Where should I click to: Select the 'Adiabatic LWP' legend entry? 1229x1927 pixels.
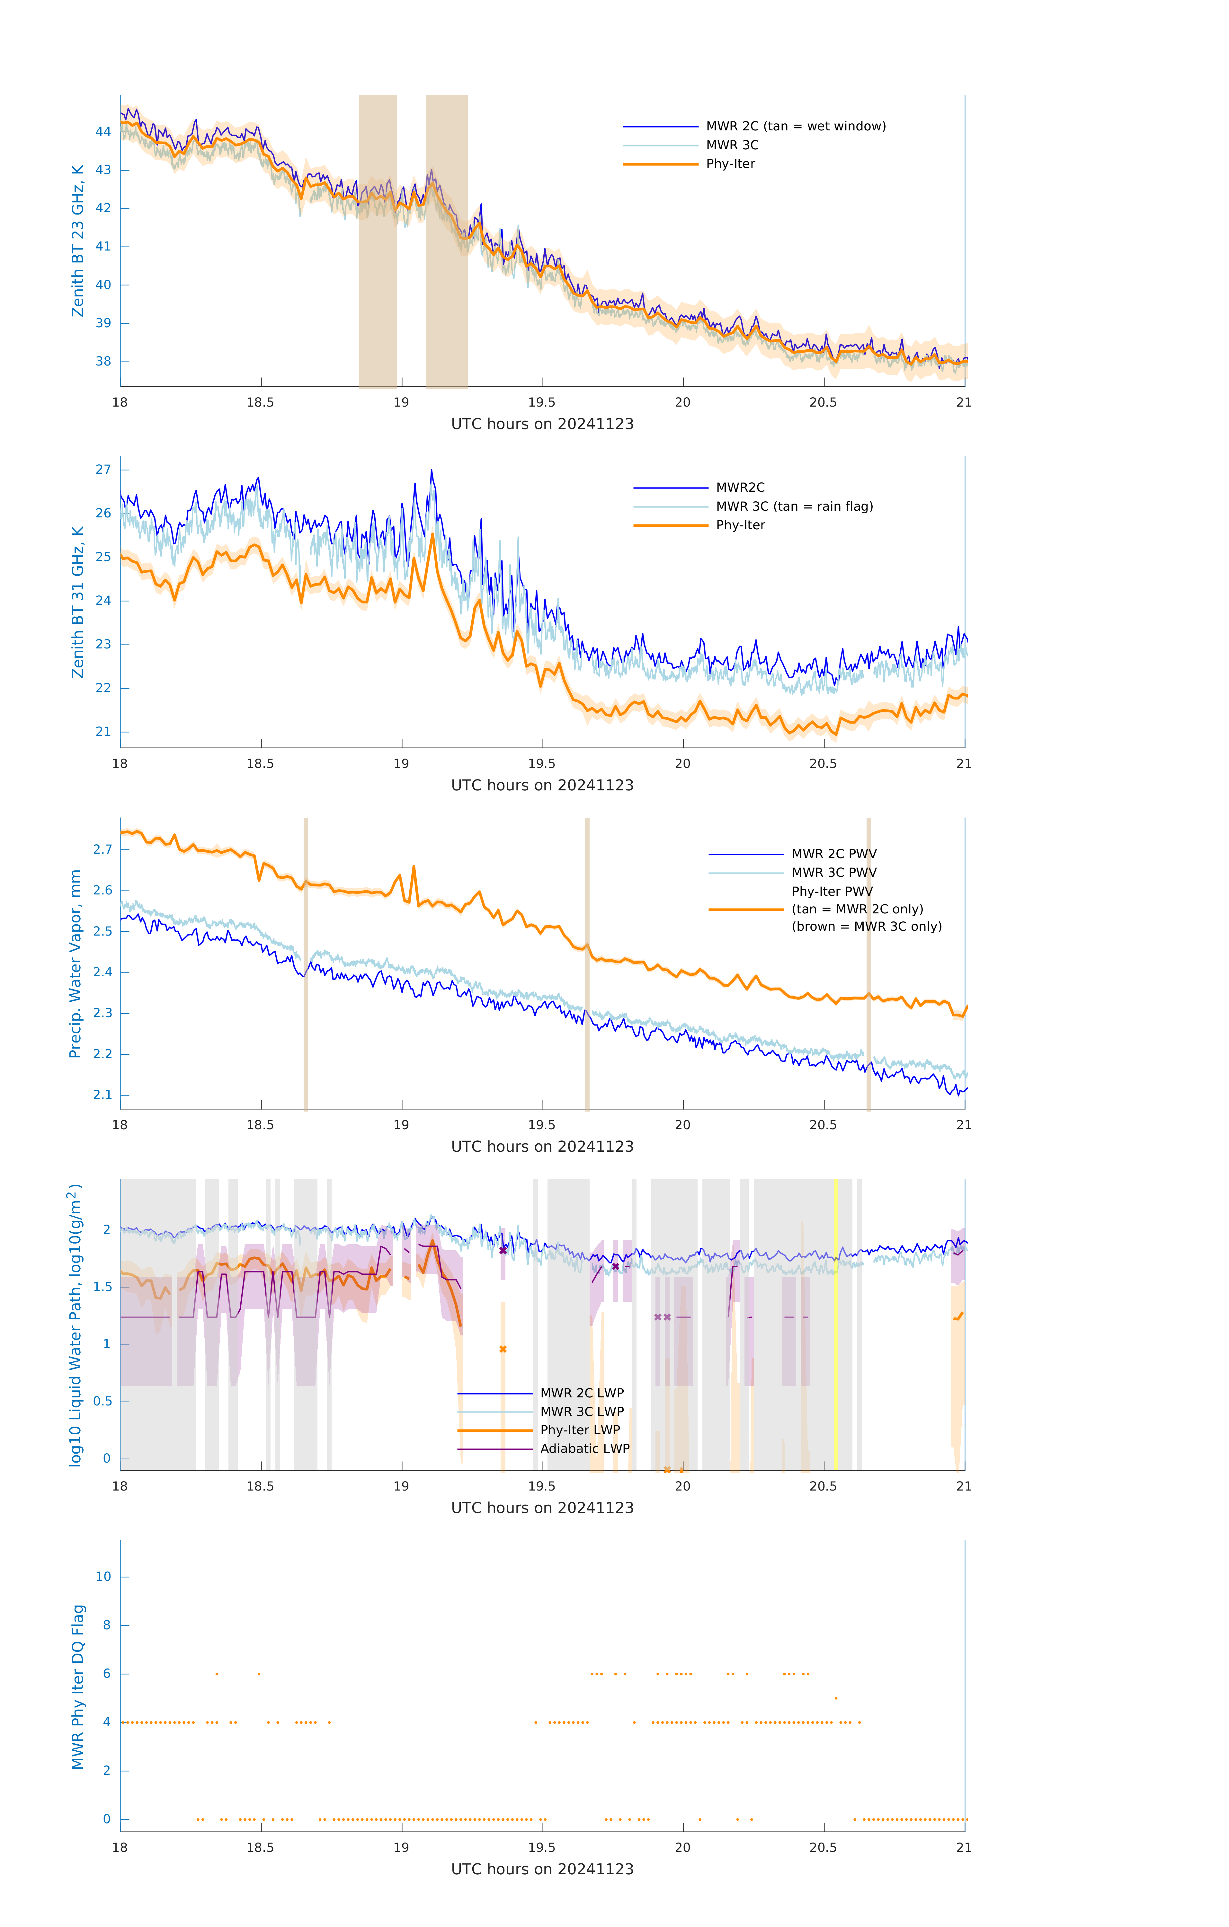click(584, 1448)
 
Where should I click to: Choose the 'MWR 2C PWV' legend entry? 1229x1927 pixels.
click(833, 854)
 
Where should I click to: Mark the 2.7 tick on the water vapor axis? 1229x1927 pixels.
click(102, 849)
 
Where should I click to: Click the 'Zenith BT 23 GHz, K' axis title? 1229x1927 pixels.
click(78, 241)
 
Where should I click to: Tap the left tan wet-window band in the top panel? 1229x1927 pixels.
click(377, 240)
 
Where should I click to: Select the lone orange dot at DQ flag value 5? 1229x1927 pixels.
click(836, 1698)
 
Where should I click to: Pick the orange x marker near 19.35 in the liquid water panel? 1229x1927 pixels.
click(503, 1349)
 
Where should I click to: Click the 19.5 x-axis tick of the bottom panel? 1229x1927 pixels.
click(542, 1848)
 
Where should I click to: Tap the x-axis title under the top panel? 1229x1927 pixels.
click(542, 424)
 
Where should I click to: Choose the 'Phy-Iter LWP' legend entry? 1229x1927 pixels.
click(580, 1430)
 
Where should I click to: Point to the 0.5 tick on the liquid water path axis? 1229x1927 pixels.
click(102, 1401)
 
